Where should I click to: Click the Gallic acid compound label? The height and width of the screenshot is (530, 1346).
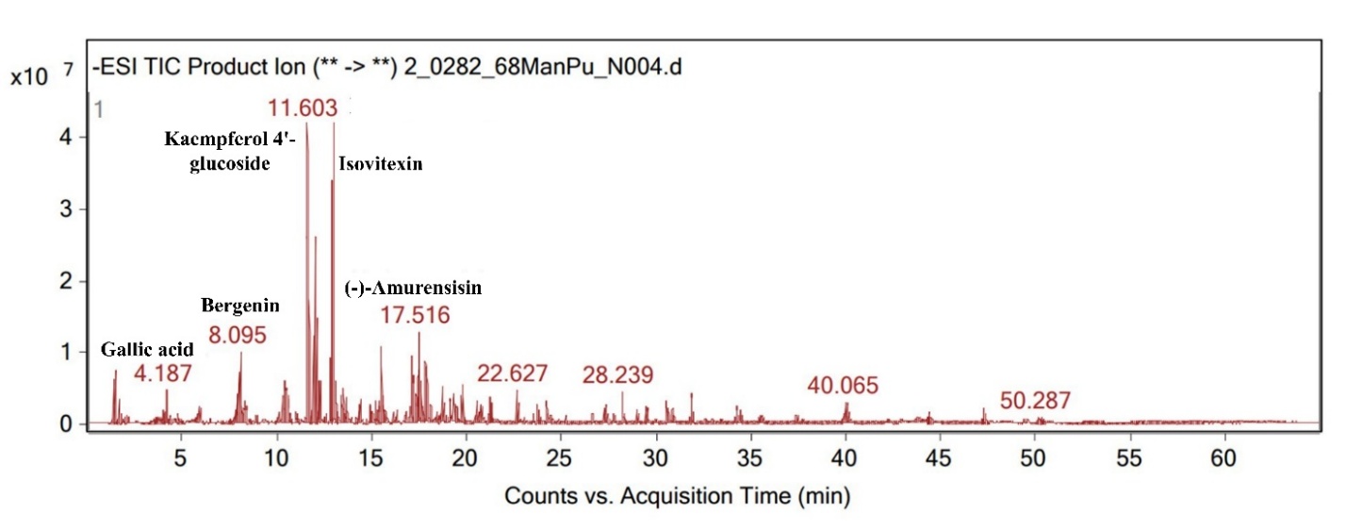(x=146, y=350)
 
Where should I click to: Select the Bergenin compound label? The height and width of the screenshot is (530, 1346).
(x=240, y=306)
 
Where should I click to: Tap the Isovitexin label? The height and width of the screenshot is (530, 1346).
(x=380, y=164)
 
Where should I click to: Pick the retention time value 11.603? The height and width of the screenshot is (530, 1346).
(x=302, y=108)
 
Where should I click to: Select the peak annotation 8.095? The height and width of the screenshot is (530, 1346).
(x=238, y=334)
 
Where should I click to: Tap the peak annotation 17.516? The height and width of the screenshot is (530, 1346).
(x=415, y=316)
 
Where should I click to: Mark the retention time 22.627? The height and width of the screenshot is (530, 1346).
(x=512, y=373)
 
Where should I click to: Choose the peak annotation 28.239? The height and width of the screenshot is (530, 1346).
(x=618, y=374)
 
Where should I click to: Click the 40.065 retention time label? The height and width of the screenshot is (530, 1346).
(x=843, y=386)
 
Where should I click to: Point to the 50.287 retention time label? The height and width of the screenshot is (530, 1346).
(x=1036, y=400)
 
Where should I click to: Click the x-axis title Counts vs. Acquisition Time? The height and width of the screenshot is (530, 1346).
(x=677, y=495)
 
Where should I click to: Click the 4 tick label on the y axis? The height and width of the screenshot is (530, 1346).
(x=67, y=138)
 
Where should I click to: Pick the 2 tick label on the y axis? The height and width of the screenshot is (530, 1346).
(x=67, y=281)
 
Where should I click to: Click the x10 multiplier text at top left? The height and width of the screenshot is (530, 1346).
(x=28, y=77)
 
